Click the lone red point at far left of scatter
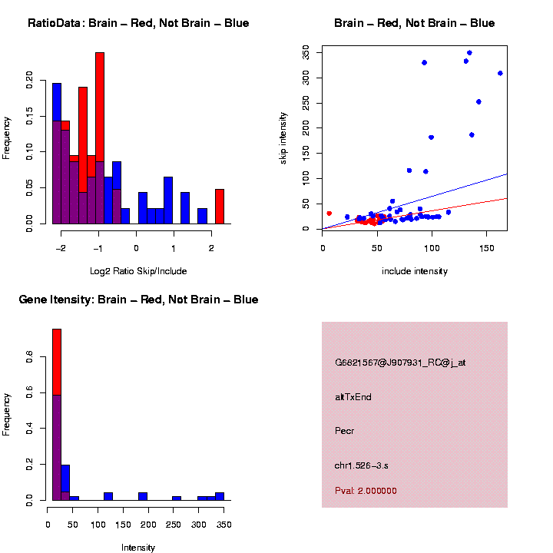click(329, 214)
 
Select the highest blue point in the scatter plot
click(469, 53)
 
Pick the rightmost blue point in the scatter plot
click(500, 73)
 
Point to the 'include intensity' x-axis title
click(415, 271)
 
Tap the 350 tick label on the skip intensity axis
click(306, 53)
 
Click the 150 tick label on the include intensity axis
click(485, 248)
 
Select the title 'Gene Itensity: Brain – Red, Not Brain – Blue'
click(138, 300)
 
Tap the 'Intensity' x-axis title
click(138, 548)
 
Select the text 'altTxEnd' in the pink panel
click(353, 397)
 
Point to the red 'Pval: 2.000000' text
click(366, 491)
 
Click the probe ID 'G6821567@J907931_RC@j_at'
click(400, 363)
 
